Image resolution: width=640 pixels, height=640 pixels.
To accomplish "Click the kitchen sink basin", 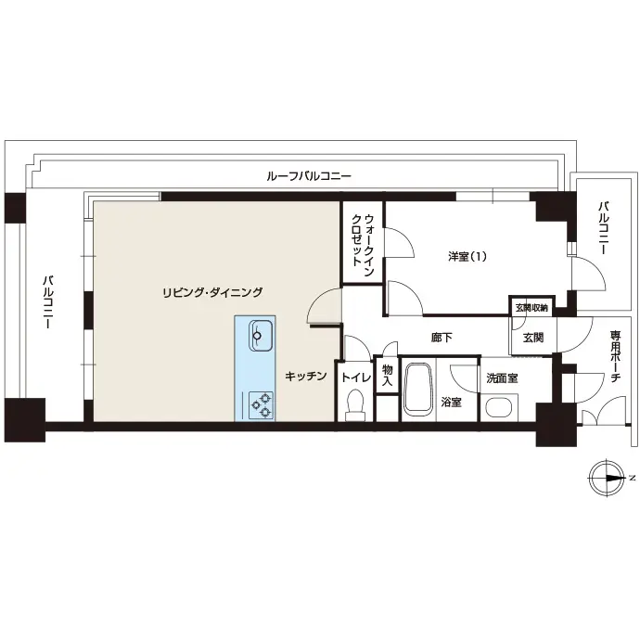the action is tap(262, 336).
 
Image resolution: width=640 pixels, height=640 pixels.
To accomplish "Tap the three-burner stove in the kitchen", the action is tap(262, 405).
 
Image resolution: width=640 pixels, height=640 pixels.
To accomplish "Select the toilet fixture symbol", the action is tap(355, 405).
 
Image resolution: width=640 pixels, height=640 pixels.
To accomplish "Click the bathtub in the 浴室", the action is tap(417, 389).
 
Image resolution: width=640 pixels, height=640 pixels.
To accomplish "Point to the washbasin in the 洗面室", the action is tap(499, 407).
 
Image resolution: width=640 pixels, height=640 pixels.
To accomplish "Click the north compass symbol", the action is tap(606, 479).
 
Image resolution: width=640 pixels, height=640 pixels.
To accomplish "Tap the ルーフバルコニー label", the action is tap(309, 176).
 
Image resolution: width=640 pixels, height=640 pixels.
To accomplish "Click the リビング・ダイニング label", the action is tap(212, 292).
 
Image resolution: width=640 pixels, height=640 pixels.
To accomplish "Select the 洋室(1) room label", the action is tap(467, 257).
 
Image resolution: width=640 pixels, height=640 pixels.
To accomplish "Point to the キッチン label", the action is tap(306, 376).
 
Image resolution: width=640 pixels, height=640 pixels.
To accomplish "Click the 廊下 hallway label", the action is tap(442, 338).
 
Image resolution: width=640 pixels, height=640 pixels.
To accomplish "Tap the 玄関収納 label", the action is tap(531, 308).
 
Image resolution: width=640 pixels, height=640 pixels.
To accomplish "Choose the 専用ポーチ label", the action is tap(615, 356).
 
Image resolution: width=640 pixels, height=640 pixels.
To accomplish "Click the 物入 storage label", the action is tap(387, 376).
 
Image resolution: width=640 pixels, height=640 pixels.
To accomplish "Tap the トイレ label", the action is tap(356, 378).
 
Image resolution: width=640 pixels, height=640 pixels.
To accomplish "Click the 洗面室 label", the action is tap(502, 378).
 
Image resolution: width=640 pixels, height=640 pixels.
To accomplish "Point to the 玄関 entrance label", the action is tap(533, 338).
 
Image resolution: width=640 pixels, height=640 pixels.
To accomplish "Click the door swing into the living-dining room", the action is tap(323, 305).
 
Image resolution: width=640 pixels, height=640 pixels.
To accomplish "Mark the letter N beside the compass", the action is tap(632, 477).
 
